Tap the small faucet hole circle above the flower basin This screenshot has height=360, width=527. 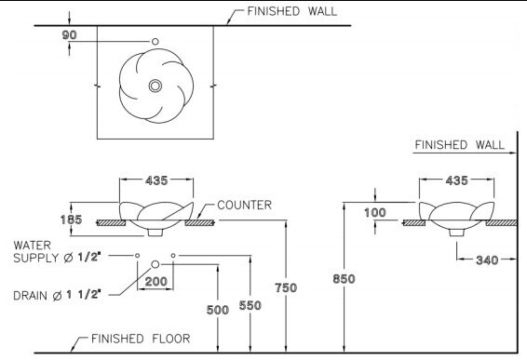(155, 42)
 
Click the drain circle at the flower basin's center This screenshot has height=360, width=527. (155, 87)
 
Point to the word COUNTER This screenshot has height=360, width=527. (243, 205)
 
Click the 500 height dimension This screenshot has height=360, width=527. (218, 310)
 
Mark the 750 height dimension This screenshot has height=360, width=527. (287, 287)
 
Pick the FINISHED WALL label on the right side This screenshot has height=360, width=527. (459, 145)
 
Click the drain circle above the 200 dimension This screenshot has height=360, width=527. (155, 265)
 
